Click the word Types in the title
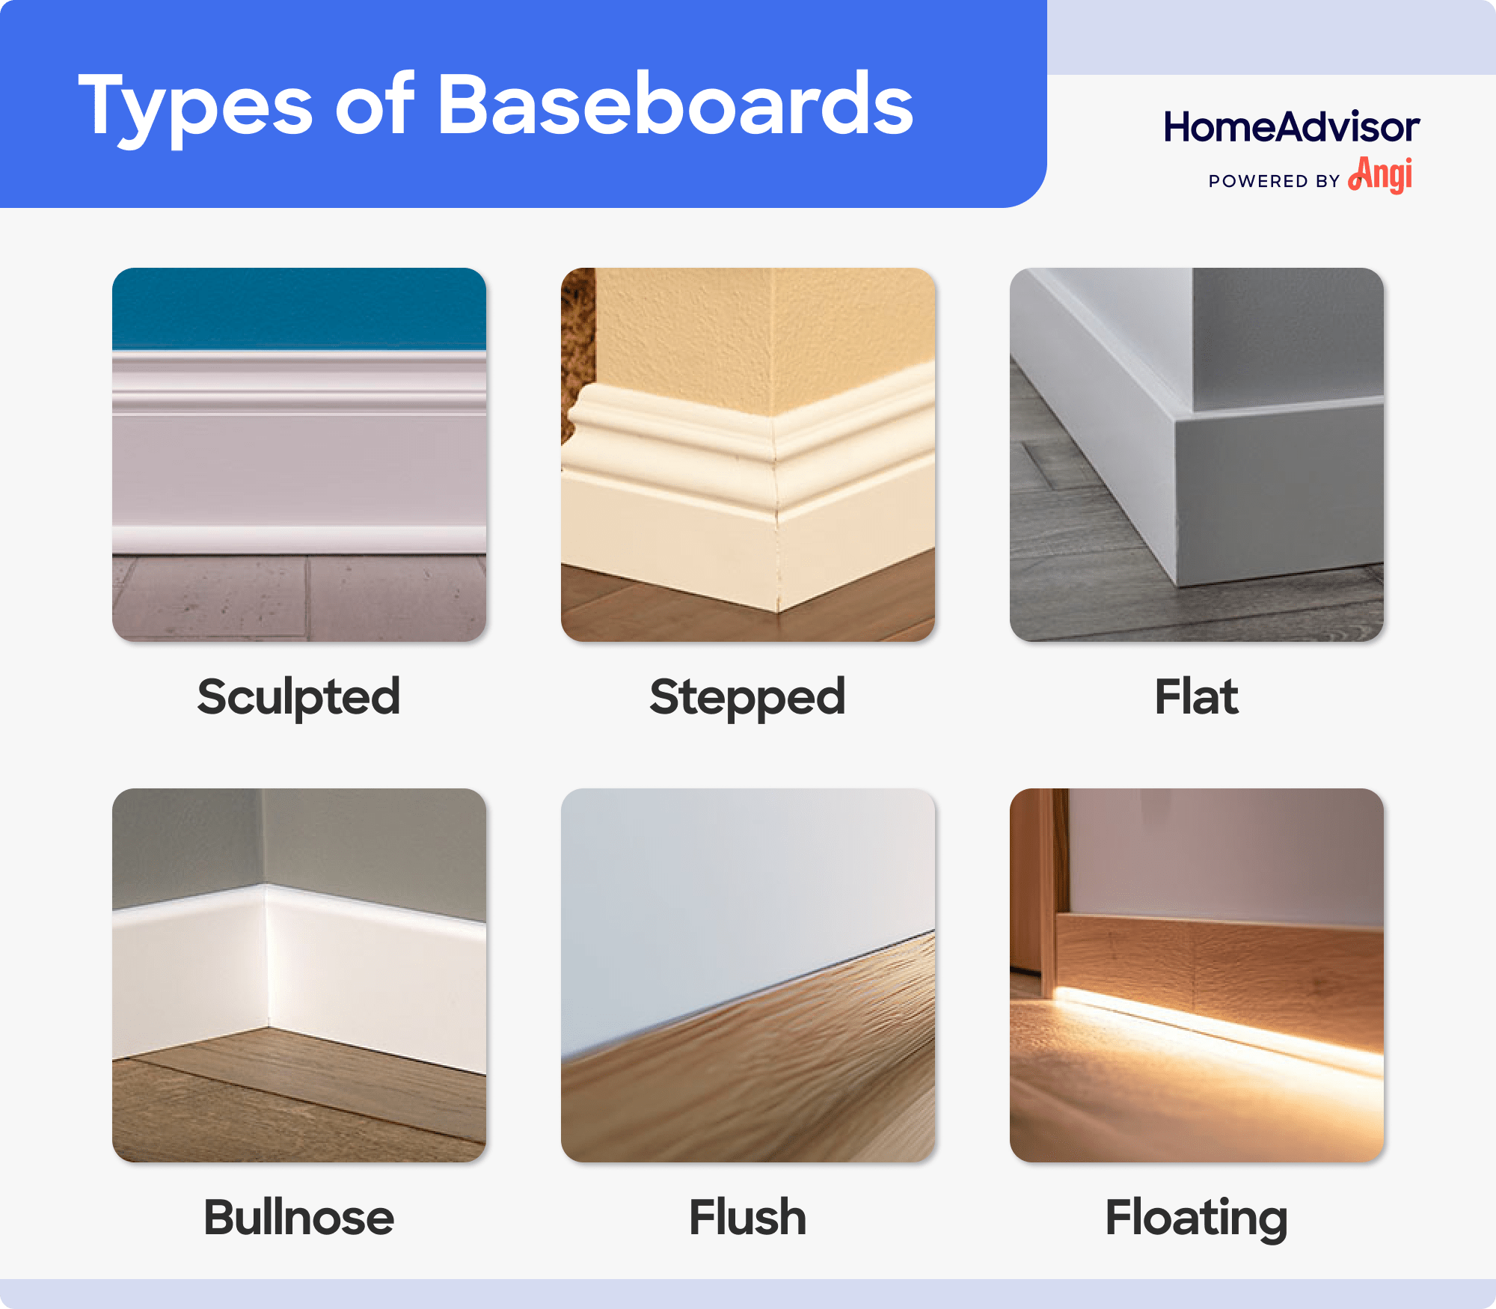click(x=194, y=106)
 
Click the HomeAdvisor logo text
click(x=1291, y=127)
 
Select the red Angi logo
click(x=1381, y=175)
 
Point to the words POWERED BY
click(x=1274, y=181)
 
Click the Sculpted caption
click(x=298, y=696)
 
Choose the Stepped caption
click(x=747, y=696)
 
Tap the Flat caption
click(x=1196, y=696)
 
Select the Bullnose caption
click(x=298, y=1217)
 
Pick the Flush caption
click(x=747, y=1217)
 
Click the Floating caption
click(x=1196, y=1217)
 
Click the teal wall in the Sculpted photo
click(x=299, y=307)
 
